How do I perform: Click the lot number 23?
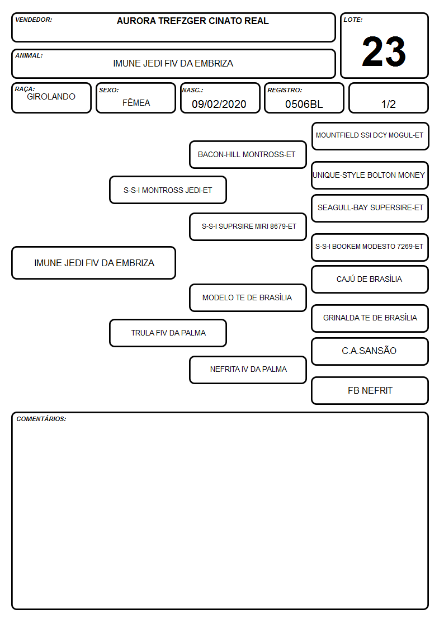pyautogui.click(x=384, y=51)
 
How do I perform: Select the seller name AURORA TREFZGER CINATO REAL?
pyautogui.click(x=192, y=21)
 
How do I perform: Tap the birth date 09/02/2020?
pyautogui.click(x=219, y=104)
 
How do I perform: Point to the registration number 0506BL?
pyautogui.click(x=304, y=104)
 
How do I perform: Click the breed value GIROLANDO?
pyautogui.click(x=51, y=97)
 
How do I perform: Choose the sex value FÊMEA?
pyautogui.click(x=136, y=102)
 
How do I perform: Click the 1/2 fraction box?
pyautogui.click(x=388, y=98)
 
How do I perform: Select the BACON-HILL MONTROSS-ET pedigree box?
pyautogui.click(x=248, y=154)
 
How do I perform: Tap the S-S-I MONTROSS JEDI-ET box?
pyautogui.click(x=168, y=190)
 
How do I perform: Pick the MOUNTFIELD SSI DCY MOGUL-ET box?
pyautogui.click(x=370, y=136)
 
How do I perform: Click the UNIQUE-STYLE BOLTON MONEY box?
pyautogui.click(x=370, y=176)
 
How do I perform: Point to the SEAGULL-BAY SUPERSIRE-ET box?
pyautogui.click(x=370, y=208)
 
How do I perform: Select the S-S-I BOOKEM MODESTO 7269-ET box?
pyautogui.click(x=370, y=247)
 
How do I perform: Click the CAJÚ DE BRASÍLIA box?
pyautogui.click(x=370, y=280)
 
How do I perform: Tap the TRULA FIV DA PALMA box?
pyautogui.click(x=168, y=333)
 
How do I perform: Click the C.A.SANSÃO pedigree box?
pyautogui.click(x=370, y=351)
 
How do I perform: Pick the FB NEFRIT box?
pyautogui.click(x=370, y=390)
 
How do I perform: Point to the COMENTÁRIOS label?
pyautogui.click(x=41, y=419)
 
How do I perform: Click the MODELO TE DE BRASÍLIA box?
pyautogui.click(x=248, y=298)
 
